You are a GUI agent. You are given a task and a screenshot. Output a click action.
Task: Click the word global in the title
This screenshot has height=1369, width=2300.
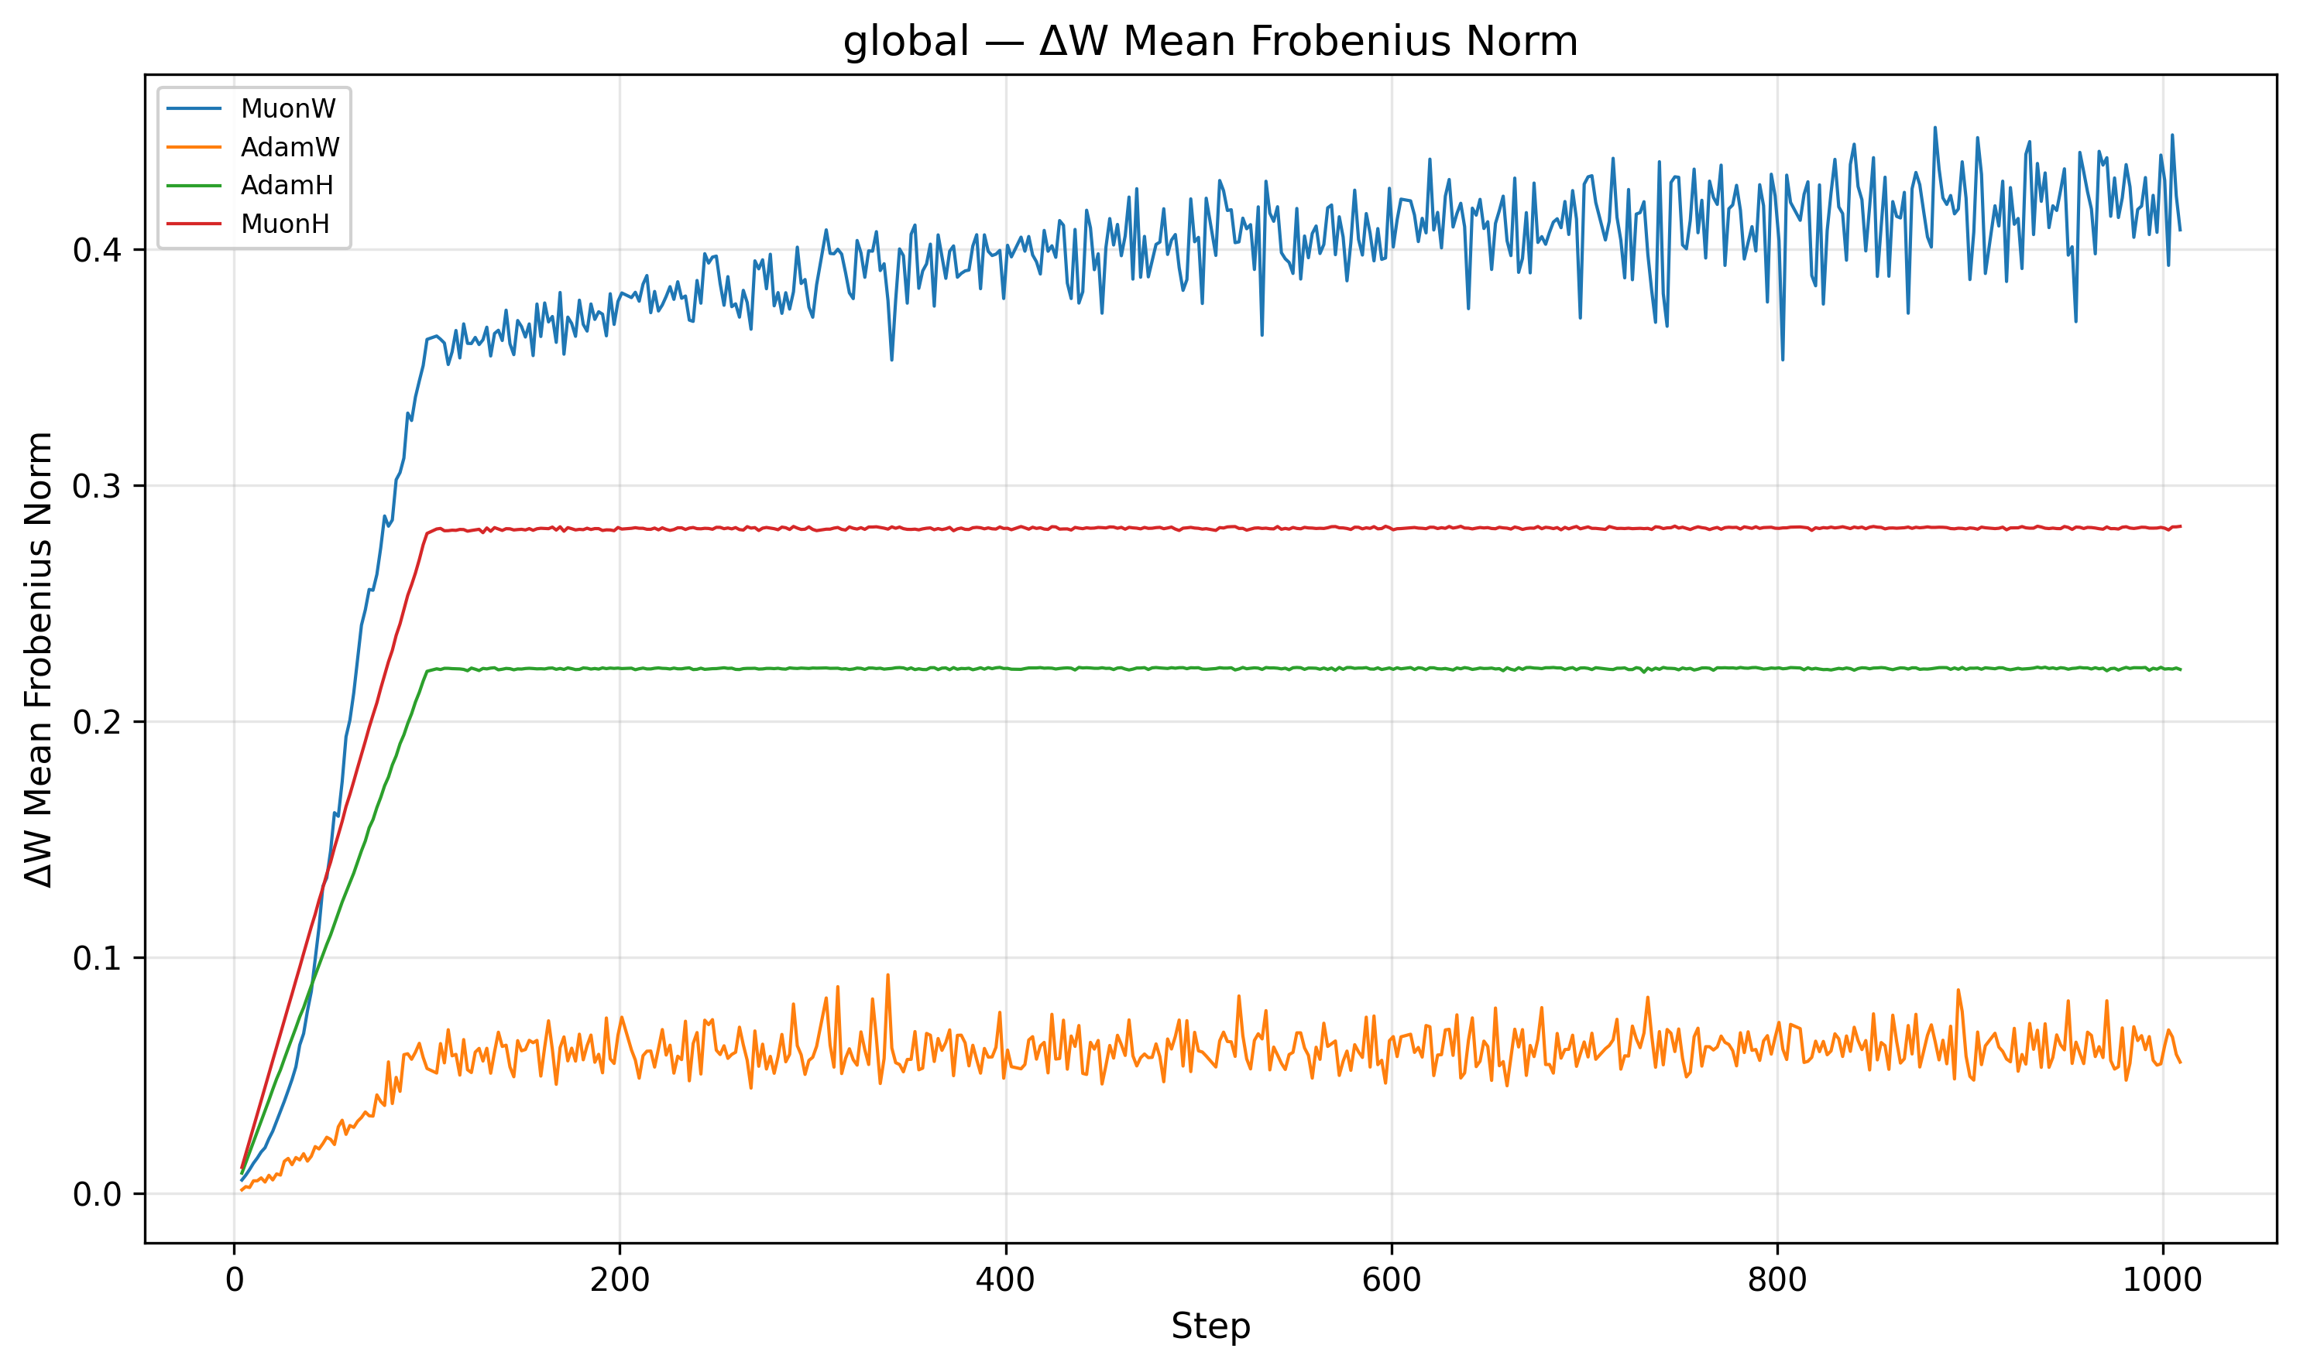coord(905,42)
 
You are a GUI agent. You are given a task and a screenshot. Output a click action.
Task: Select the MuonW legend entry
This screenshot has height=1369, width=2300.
coord(288,109)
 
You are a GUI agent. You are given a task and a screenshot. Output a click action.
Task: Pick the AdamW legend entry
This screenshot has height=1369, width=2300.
coord(290,148)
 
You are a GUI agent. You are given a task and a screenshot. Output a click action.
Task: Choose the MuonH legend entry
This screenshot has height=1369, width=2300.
coord(285,224)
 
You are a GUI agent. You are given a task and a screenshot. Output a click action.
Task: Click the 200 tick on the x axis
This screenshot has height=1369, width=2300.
coord(620,1281)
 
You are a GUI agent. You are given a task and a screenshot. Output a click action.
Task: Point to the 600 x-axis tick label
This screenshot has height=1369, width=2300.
coord(1391,1281)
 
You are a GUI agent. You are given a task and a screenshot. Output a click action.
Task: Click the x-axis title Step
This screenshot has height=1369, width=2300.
coord(1210,1326)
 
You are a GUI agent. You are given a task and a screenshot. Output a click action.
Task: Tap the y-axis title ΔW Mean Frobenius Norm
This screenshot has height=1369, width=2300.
coord(39,659)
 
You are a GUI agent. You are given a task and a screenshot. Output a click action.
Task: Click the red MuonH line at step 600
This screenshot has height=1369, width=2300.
coord(1391,529)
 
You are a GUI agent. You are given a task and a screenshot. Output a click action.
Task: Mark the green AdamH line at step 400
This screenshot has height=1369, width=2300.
coord(1005,668)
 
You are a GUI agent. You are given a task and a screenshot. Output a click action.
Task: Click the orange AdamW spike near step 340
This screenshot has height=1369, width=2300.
coord(888,975)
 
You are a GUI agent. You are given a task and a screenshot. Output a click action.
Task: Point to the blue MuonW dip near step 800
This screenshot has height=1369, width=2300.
coord(1782,359)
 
